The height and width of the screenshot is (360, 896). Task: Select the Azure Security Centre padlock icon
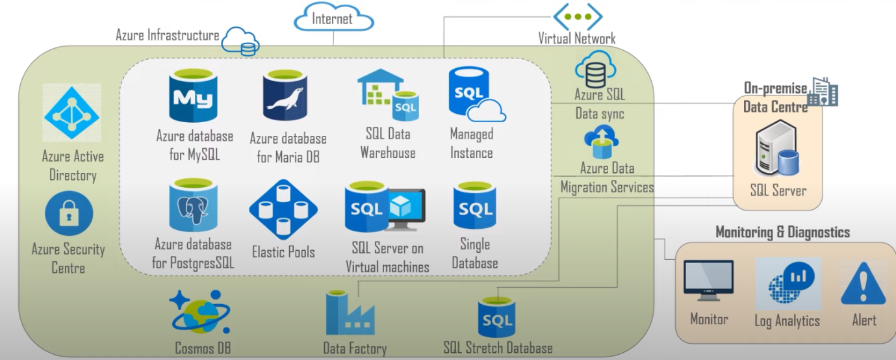pos(69,214)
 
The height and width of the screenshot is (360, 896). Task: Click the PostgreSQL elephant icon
pos(193,207)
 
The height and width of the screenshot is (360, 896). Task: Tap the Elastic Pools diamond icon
pos(283,209)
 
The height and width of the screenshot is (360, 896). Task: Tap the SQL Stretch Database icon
pos(498,316)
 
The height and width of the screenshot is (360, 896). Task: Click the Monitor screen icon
pos(708,281)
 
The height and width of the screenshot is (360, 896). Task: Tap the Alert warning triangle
pos(864,283)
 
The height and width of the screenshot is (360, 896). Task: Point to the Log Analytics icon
pos(787,283)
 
